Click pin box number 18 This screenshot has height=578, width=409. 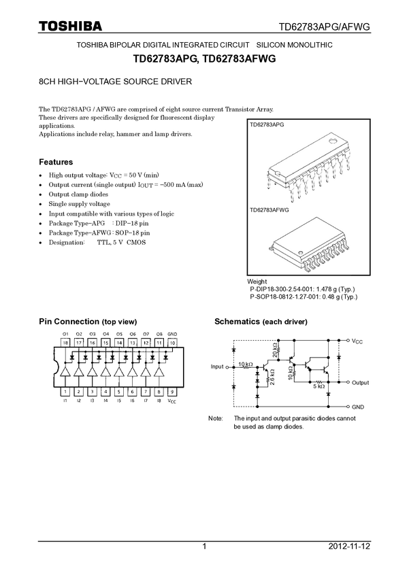(x=66, y=343)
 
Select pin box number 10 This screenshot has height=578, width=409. (x=172, y=343)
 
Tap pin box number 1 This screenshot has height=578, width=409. (x=65, y=392)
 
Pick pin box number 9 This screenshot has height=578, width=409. (x=172, y=392)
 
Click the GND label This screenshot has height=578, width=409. (x=172, y=334)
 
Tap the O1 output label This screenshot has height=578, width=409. (x=66, y=334)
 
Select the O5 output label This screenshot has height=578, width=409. (x=119, y=334)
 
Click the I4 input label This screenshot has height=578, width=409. (x=105, y=402)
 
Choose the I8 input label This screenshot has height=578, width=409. (x=159, y=402)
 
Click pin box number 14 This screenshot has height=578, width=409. (x=119, y=343)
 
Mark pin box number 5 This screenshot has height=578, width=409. (x=118, y=392)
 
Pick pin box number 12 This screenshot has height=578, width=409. (x=146, y=343)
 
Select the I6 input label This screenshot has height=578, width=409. (x=132, y=402)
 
